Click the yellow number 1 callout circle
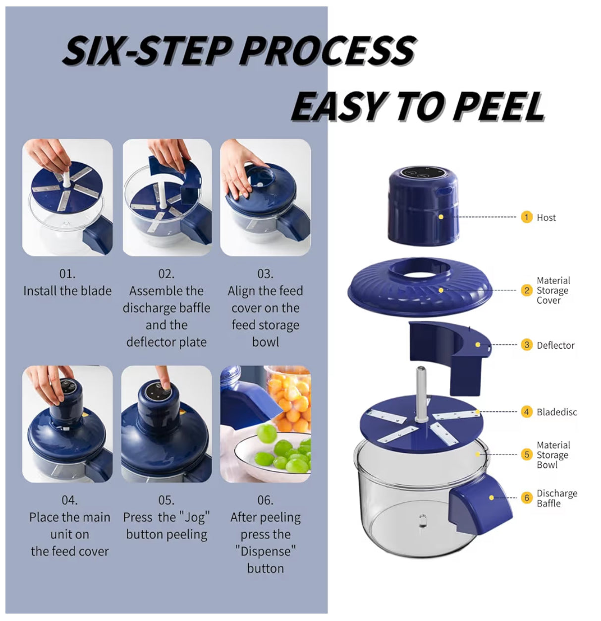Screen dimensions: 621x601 click(x=526, y=217)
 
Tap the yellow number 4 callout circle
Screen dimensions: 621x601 click(x=526, y=412)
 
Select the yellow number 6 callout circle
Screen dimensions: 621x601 click(x=526, y=498)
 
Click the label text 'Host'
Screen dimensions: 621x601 click(x=546, y=218)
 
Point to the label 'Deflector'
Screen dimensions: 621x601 click(x=555, y=345)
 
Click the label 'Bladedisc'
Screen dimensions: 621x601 click(x=557, y=412)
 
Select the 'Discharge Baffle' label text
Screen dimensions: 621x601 click(x=556, y=498)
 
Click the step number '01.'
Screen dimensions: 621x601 click(x=67, y=274)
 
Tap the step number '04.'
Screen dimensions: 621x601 click(x=69, y=500)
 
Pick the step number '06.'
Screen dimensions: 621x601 click(x=265, y=500)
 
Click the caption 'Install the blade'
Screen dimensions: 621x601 click(x=67, y=291)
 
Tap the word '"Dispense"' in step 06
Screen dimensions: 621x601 click(x=265, y=552)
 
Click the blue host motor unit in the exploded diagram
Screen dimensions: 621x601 click(x=422, y=206)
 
